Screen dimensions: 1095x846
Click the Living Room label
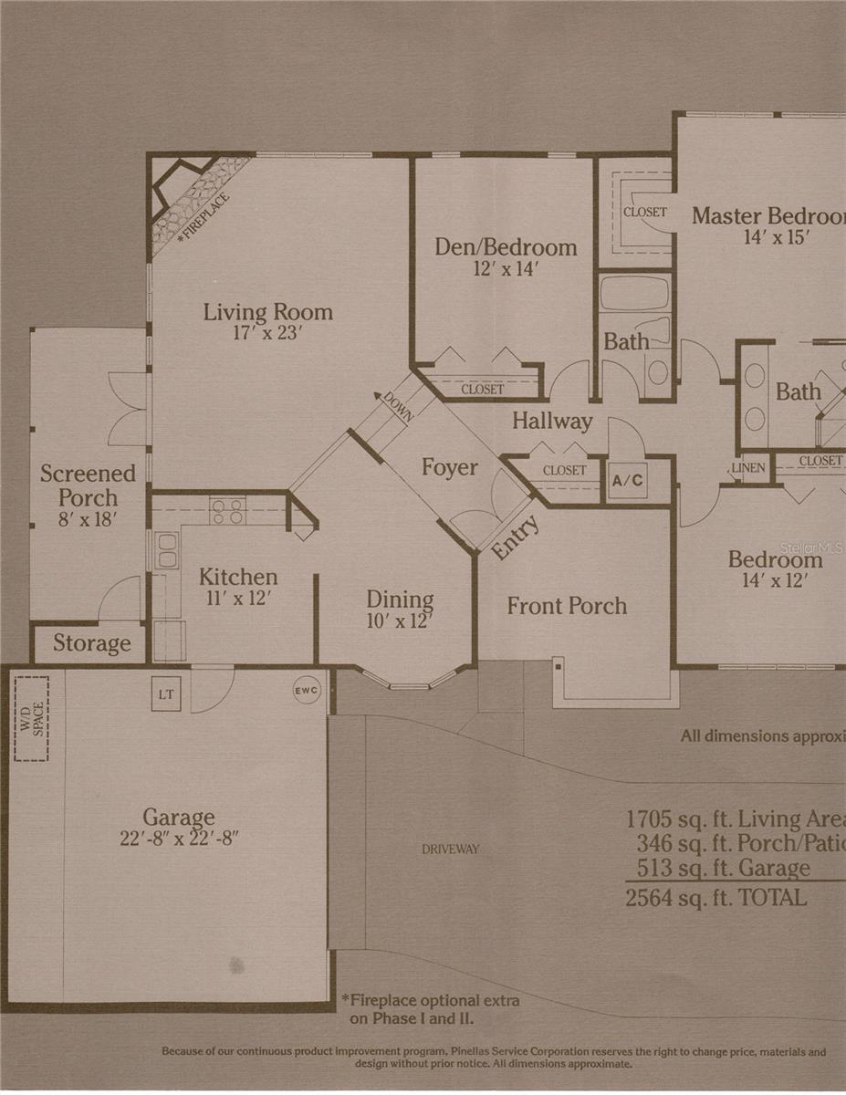point(267,312)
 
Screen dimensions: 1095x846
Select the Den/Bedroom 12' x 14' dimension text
point(505,269)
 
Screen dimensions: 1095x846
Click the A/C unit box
point(628,480)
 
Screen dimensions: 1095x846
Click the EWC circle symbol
point(307,691)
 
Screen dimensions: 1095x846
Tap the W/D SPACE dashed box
point(31,718)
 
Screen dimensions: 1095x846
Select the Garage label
point(179,817)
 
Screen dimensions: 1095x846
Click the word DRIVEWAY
point(450,850)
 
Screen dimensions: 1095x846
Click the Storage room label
point(91,643)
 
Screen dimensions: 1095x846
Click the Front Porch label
point(567,606)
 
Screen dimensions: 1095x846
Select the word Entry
point(516,538)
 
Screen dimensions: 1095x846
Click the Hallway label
point(551,422)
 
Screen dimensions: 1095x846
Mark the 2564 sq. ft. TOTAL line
point(715,898)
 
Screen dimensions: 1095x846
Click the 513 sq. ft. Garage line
point(719,869)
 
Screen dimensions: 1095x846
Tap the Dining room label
point(400,600)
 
